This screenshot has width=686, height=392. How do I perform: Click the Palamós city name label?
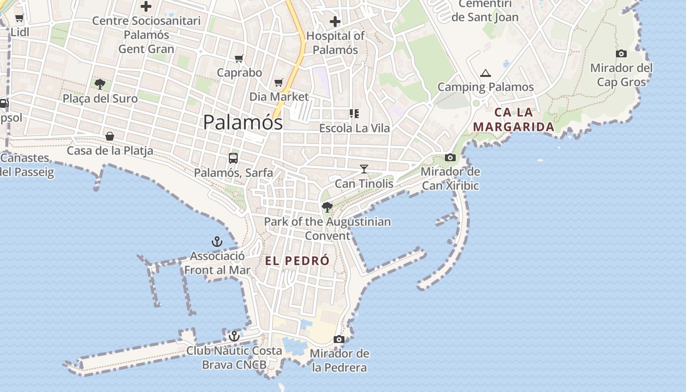(243, 122)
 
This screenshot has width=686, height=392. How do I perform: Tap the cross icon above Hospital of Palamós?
(335, 22)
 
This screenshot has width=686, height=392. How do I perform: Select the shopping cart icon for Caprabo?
(239, 59)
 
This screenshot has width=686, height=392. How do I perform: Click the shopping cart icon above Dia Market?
(279, 82)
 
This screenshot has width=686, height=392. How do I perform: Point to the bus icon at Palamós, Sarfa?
(233, 158)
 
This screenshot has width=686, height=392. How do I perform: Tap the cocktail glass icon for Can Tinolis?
(364, 169)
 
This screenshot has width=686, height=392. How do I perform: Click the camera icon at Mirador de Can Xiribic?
(450, 157)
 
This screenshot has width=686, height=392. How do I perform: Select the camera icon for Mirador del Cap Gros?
(621, 53)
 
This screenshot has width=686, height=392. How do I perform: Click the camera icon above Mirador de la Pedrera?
(339, 339)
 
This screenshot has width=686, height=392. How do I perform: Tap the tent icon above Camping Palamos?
(485, 73)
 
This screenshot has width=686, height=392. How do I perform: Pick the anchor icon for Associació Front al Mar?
(217, 241)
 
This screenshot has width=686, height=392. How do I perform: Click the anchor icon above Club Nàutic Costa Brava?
(234, 336)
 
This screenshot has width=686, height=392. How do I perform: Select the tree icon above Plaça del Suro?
(100, 84)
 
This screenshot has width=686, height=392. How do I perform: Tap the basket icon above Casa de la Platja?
(110, 136)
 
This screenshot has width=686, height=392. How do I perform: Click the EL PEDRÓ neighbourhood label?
(297, 261)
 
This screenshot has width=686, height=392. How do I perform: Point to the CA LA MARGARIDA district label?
(514, 120)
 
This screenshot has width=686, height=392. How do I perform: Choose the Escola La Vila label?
(354, 128)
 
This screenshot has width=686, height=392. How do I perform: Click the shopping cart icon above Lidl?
(19, 18)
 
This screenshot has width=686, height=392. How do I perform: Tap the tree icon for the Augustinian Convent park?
(327, 207)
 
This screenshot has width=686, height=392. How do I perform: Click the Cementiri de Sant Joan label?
(485, 11)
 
